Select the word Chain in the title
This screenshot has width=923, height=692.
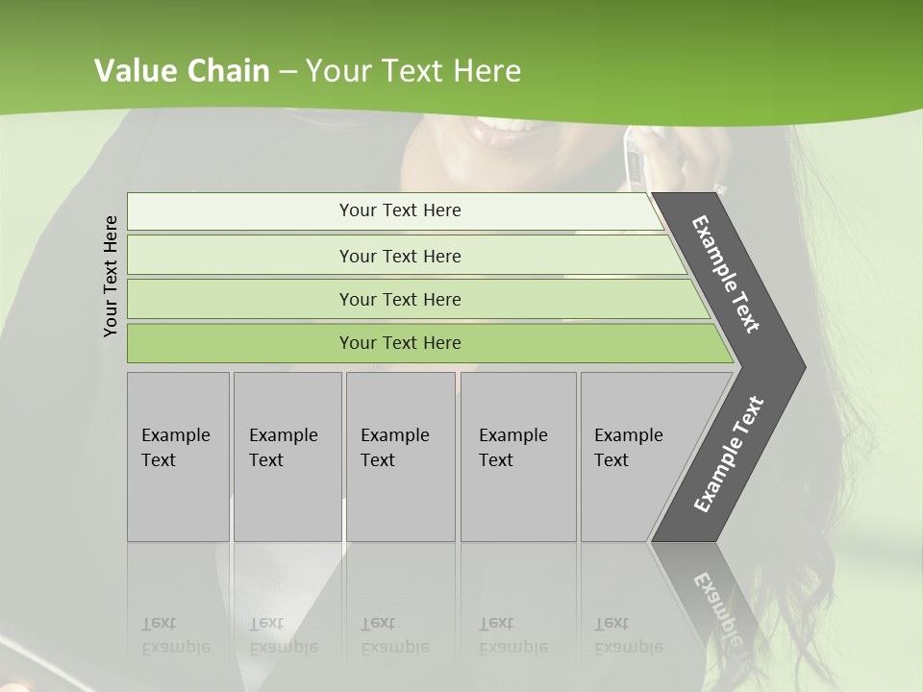click(x=230, y=70)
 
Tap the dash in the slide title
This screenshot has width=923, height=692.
click(x=288, y=71)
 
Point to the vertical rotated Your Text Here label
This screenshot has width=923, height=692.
click(x=111, y=276)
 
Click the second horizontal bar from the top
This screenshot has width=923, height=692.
click(x=399, y=256)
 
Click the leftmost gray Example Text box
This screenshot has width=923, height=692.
click(x=178, y=457)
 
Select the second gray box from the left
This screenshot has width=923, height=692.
click(x=287, y=457)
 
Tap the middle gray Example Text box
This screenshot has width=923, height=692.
click(x=400, y=457)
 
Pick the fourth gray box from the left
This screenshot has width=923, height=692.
click(x=518, y=457)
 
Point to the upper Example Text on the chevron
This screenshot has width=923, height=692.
click(x=726, y=274)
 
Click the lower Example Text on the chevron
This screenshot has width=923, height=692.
click(x=728, y=454)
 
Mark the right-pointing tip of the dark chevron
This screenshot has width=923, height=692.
click(x=803, y=366)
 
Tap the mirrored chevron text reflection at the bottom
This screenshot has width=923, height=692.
click(x=717, y=605)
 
